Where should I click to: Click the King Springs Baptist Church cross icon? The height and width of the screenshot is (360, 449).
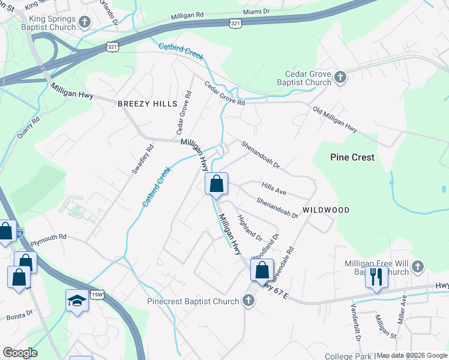(x=84, y=23)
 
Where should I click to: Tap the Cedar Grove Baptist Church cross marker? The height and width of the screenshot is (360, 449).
(x=340, y=77)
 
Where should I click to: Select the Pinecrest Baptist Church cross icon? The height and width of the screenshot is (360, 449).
(x=249, y=301)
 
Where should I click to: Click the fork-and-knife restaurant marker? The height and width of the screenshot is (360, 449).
(x=376, y=277)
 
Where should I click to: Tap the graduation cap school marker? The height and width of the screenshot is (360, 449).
(x=77, y=300)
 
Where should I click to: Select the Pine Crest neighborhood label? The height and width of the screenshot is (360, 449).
(x=352, y=157)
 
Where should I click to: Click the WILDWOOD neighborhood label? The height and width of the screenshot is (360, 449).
(x=325, y=210)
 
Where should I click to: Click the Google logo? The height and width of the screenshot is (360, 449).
(x=20, y=353)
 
